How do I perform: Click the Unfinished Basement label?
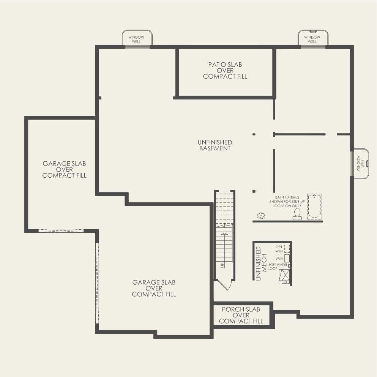click(215, 145)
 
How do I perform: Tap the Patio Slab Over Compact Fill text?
click(225, 71)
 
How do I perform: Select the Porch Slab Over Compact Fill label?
click(241, 315)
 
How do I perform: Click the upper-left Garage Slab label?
click(64, 169)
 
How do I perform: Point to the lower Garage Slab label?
click(154, 288)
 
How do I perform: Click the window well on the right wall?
click(360, 163)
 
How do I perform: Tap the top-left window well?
click(137, 38)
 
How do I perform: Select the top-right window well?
click(312, 38)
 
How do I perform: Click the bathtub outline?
click(314, 206)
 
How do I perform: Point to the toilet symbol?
click(297, 214)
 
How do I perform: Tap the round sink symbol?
click(261, 216)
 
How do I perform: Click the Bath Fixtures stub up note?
click(287, 202)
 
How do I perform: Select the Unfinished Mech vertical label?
click(259, 263)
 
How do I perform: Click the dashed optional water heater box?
click(287, 249)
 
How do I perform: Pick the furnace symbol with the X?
click(284, 275)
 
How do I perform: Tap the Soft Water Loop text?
click(278, 266)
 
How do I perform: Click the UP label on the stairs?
click(222, 265)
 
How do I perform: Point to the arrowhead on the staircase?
click(224, 235)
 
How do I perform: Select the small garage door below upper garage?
click(61, 230)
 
